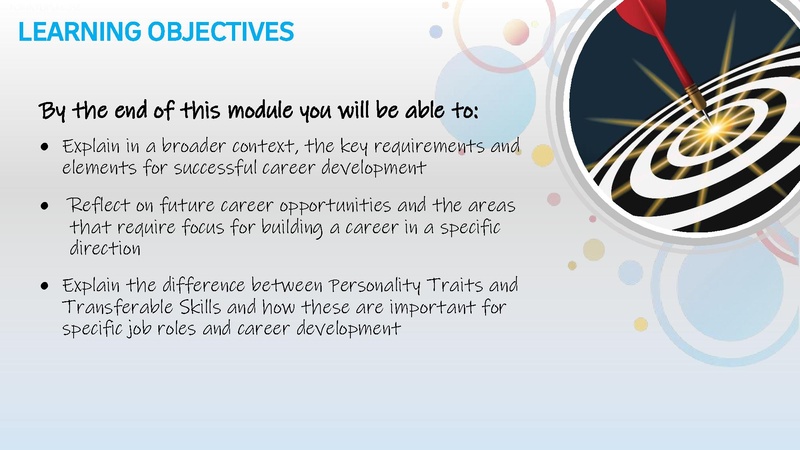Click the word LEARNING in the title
pyautogui.click(x=68, y=32)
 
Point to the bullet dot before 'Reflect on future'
pyautogui.click(x=45, y=207)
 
